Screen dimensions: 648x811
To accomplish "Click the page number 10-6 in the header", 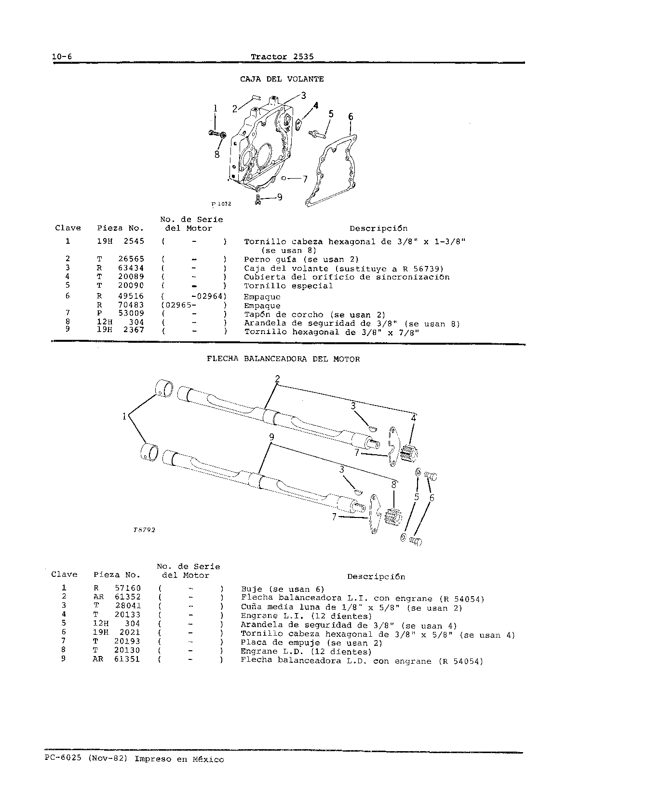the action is [x=62, y=56].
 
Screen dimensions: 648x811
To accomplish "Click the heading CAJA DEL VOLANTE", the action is [x=282, y=79].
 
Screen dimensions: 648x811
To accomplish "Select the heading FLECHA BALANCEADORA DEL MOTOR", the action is [x=283, y=359].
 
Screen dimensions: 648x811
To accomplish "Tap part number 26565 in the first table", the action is [x=131, y=259].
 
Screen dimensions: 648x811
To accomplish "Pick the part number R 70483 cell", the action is [x=121, y=306].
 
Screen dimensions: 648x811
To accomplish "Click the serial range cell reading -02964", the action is [x=208, y=296].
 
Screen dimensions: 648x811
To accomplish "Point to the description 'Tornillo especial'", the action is [x=288, y=286].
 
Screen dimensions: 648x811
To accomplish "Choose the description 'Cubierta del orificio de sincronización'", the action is [x=347, y=277].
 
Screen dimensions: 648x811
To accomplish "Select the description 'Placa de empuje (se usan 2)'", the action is [x=311, y=643].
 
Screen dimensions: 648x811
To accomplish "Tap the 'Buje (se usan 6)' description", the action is [x=283, y=589].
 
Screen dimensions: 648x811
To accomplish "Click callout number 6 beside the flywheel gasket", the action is [x=351, y=117].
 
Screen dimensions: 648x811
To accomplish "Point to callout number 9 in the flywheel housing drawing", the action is [x=280, y=197].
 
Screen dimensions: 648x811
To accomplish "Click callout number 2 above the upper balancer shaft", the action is [x=277, y=379].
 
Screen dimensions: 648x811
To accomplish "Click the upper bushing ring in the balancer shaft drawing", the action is [x=164, y=388].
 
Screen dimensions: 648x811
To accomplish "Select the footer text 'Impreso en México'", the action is [x=179, y=759].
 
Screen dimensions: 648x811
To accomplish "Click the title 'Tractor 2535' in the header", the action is [x=283, y=56].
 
